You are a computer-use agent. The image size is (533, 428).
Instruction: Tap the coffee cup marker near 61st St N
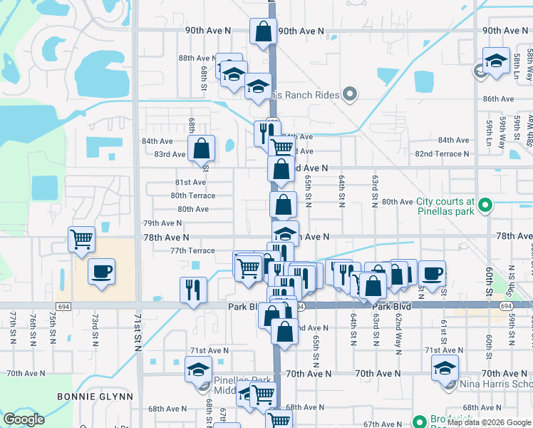point(431,272)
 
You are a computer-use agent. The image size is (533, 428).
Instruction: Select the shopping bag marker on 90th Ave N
point(263,31)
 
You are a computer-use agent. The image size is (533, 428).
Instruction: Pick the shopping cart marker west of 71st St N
point(82,239)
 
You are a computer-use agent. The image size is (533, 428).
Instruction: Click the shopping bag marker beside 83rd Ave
point(202,148)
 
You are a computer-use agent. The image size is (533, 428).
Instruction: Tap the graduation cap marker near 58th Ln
point(496,61)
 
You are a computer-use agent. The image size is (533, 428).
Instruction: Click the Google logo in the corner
point(24,419)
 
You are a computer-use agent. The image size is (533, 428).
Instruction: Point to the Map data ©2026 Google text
point(488,422)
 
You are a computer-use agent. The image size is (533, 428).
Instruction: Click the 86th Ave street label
point(498,99)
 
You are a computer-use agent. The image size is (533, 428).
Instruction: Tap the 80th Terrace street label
point(192,195)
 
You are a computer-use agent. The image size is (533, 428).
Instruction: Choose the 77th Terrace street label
point(192,250)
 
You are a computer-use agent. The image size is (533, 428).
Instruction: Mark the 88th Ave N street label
point(195,58)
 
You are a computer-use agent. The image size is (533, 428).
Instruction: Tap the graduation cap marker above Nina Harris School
point(445,369)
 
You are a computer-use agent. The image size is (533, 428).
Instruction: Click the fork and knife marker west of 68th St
point(193,289)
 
